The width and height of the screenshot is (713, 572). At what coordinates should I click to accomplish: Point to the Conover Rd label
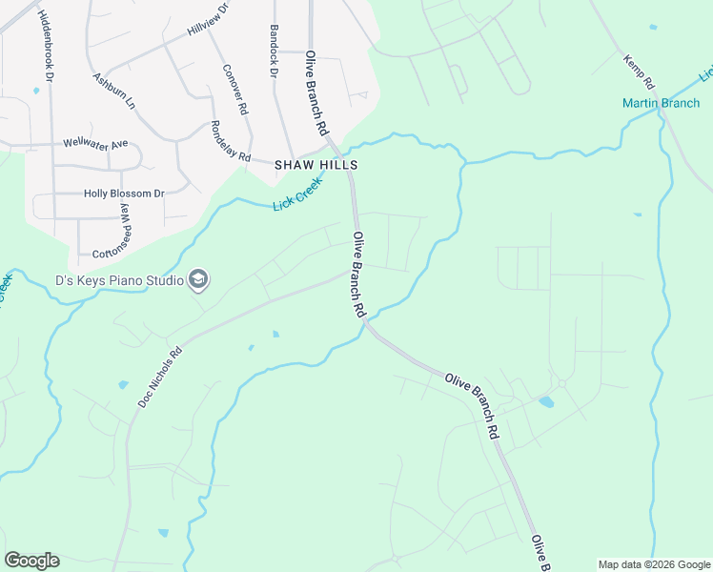click(234, 89)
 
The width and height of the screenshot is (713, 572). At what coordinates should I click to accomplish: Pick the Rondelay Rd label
click(230, 141)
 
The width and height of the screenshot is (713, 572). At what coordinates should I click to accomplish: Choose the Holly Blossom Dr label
click(124, 194)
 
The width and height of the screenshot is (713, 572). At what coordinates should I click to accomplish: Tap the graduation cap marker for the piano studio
click(199, 279)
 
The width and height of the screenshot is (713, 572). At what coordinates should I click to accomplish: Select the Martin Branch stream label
click(661, 103)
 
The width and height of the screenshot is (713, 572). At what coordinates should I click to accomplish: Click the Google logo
click(31, 561)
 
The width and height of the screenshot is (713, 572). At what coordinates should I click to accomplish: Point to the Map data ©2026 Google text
click(654, 564)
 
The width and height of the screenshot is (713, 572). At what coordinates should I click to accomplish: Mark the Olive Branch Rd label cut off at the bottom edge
click(540, 554)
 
